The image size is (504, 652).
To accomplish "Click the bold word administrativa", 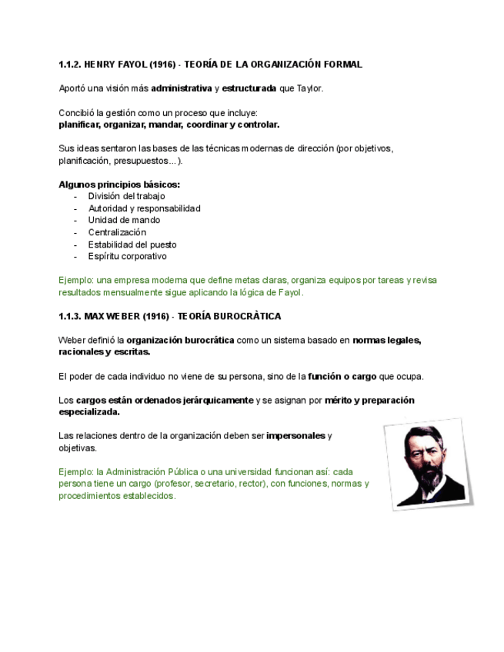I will [181, 88].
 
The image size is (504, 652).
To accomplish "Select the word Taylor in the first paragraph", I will [309, 88].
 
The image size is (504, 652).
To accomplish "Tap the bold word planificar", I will [80, 125].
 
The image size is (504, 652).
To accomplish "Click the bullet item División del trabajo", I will [126, 196].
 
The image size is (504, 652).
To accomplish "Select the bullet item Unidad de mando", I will [124, 220].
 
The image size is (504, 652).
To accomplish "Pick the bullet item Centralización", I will [117, 232].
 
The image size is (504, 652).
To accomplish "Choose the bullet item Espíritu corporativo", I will [127, 256].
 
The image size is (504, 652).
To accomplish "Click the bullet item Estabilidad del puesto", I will [132, 244].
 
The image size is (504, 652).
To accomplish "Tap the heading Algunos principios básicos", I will [119, 185].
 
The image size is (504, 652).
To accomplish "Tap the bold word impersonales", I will [295, 436].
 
